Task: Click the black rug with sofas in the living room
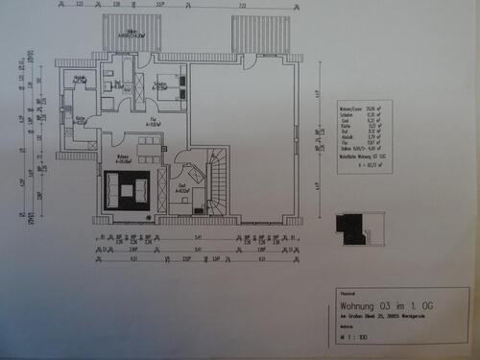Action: [127, 189]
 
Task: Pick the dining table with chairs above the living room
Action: [148, 147]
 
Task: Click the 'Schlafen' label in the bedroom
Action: [159, 86]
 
